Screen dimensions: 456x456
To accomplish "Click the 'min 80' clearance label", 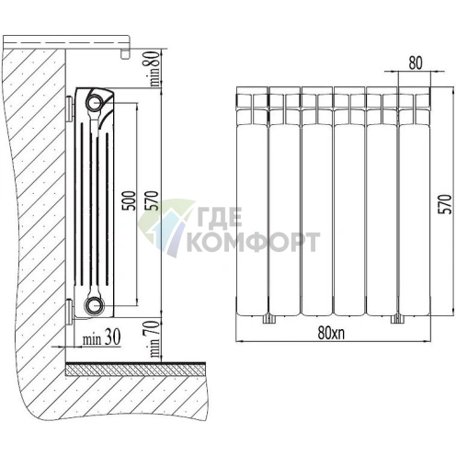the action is [x=154, y=68].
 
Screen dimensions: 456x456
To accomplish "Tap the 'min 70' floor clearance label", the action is [x=154, y=338].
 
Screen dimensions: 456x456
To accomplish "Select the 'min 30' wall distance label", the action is [x=102, y=337].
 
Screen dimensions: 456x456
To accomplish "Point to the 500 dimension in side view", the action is [x=129, y=200].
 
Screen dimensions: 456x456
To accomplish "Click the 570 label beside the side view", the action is [x=153, y=200].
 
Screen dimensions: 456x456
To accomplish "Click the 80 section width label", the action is [x=416, y=63].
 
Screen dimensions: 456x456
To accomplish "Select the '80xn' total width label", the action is [x=331, y=332].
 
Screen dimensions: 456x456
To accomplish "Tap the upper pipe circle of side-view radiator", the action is [x=95, y=102].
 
